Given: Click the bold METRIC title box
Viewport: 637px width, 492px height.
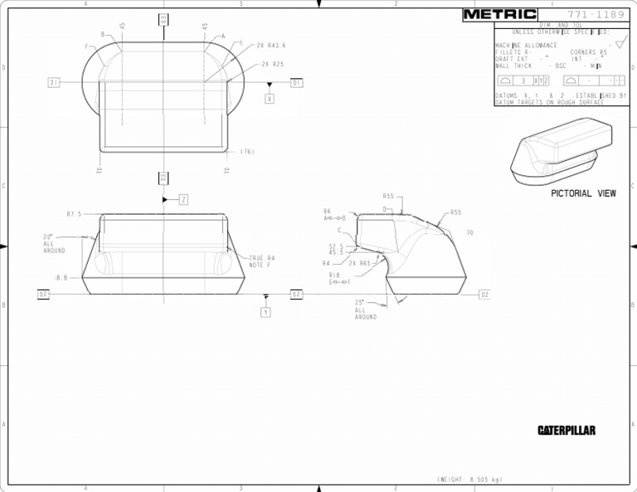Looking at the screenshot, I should click(499, 14).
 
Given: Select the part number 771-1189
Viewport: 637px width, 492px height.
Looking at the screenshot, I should click(591, 14).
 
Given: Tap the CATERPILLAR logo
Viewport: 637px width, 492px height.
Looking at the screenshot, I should click(566, 431).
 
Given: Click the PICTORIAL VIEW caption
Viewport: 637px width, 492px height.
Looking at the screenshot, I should click(583, 193).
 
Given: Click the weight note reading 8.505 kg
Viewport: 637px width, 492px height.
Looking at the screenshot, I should click(469, 480).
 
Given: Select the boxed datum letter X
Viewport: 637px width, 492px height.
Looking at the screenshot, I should click(270, 99).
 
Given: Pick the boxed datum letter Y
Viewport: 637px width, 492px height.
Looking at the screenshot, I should click(265, 312).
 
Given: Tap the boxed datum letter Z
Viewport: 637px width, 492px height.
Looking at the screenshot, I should click(183, 199).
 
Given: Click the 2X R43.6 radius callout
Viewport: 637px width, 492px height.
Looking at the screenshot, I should click(271, 45).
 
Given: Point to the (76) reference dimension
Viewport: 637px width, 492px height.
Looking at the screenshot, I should click(247, 152).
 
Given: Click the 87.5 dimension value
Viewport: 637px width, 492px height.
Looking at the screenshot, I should click(74, 214).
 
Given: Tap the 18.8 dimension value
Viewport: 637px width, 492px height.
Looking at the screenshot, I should click(61, 278).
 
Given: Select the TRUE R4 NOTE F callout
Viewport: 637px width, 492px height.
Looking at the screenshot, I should click(261, 261).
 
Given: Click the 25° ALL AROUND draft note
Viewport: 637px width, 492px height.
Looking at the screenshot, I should click(365, 309).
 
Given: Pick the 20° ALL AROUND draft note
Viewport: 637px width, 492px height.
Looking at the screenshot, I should click(54, 243).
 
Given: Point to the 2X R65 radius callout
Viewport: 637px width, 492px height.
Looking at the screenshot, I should click(359, 263).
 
